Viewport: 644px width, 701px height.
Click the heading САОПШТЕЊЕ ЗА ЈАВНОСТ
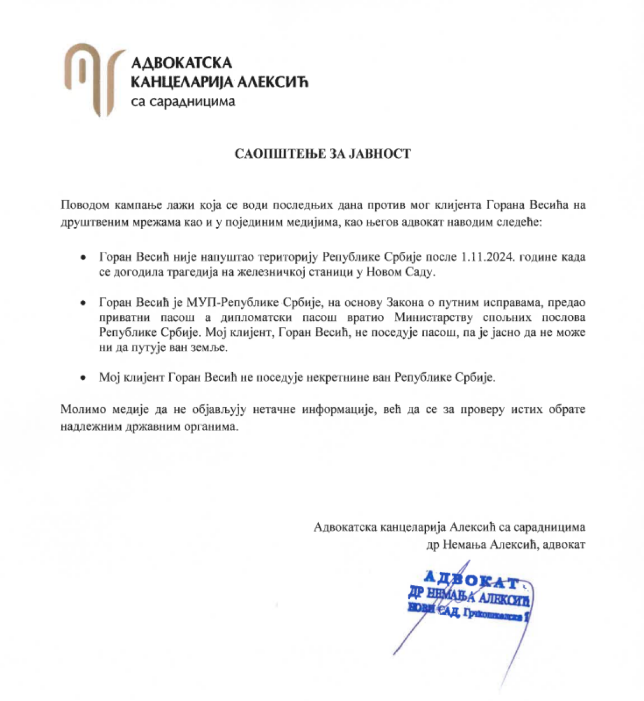pos(323,154)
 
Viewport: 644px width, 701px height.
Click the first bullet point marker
pos(85,258)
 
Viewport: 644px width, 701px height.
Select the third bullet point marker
pos(85,378)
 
